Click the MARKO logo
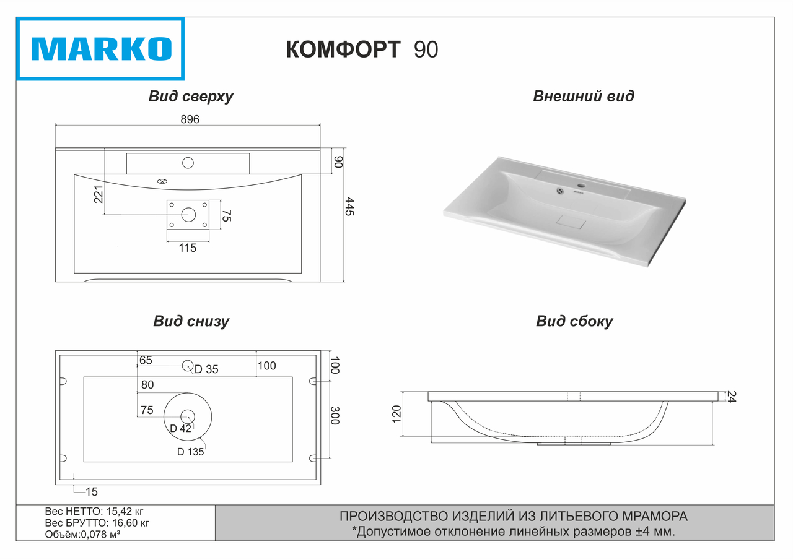tap(100, 49)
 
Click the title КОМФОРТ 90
tap(362, 50)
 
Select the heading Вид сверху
tap(190, 97)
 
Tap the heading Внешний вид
tap(583, 97)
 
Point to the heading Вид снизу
tap(191, 322)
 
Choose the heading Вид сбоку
tap(574, 322)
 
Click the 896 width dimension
tap(190, 120)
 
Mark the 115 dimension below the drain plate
tap(187, 248)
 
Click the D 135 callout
tap(190, 452)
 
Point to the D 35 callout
tap(206, 369)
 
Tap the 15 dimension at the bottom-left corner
tap(92, 492)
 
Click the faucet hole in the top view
tap(188, 163)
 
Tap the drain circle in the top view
tap(188, 215)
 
